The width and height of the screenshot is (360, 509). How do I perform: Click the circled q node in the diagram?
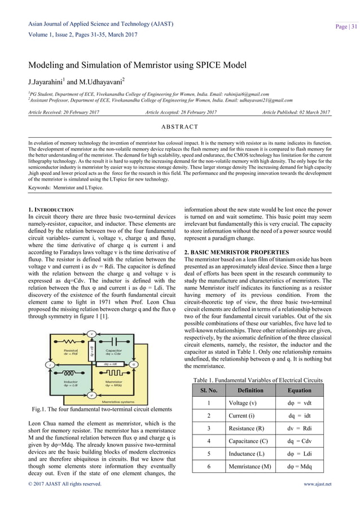coord(133,364)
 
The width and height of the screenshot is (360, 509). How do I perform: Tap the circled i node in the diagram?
coord(49,364)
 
